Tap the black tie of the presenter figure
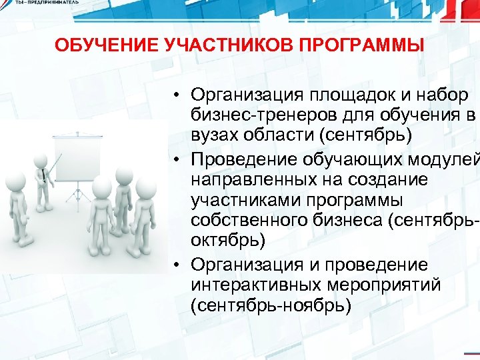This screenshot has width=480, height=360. pyautogui.click(x=43, y=175)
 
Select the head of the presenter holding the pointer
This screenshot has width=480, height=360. pyautogui.click(x=39, y=155)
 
